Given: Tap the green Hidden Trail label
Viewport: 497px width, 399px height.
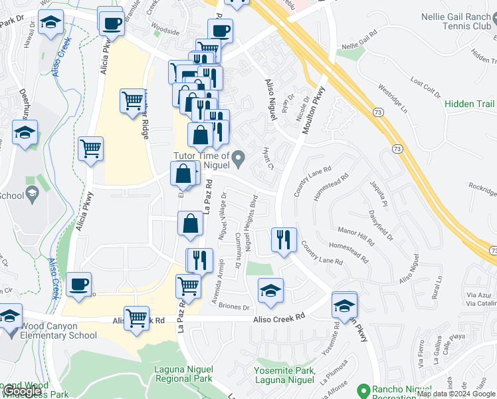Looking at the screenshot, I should [x=468, y=104].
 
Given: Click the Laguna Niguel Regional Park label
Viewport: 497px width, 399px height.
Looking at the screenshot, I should [x=183, y=374].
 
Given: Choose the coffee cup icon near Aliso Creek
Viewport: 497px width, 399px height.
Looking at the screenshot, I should [x=78, y=284].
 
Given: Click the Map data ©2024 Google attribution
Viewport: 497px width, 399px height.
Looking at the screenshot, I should [x=456, y=394].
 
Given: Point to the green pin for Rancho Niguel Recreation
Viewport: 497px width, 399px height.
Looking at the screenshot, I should [x=363, y=389].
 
